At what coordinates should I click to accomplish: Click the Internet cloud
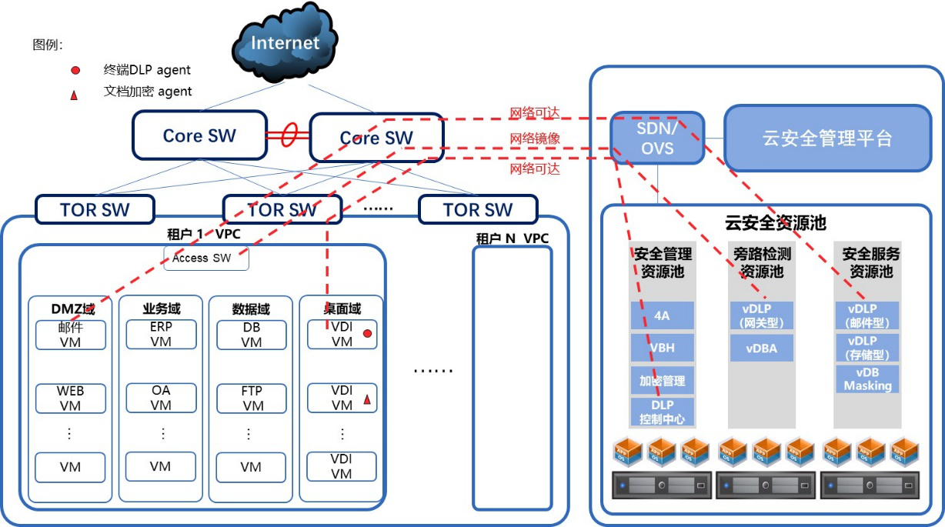[285, 42]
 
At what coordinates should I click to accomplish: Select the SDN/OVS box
[657, 138]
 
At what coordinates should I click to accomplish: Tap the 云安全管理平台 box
[828, 138]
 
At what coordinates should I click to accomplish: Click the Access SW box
[206, 258]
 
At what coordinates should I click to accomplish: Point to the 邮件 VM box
[71, 335]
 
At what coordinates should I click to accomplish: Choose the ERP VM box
[161, 335]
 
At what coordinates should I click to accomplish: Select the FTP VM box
[252, 398]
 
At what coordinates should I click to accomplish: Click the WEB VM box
[71, 398]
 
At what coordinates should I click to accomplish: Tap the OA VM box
[161, 398]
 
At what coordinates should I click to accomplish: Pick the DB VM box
[252, 335]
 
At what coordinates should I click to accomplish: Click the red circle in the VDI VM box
[367, 333]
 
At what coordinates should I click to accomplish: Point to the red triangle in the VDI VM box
[367, 399]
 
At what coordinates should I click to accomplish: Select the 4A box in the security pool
[663, 315]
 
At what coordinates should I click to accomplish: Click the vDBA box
[762, 349]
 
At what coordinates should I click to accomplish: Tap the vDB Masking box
[867, 379]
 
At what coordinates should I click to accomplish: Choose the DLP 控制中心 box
[663, 412]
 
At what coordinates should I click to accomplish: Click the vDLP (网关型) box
[762, 315]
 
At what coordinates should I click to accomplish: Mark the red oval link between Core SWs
[289, 135]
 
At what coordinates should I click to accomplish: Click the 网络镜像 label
[535, 138]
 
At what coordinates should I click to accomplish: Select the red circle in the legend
[75, 70]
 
